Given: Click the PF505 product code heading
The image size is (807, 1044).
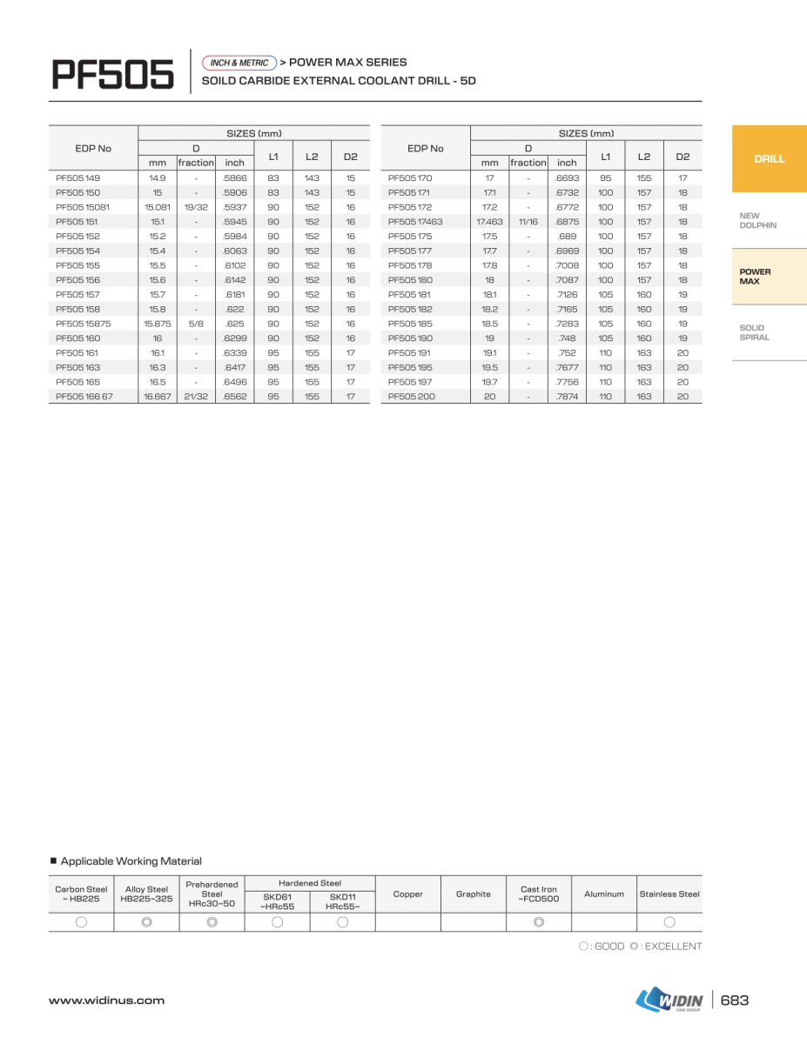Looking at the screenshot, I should (112, 74).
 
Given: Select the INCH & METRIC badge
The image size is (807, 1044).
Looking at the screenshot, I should (239, 63).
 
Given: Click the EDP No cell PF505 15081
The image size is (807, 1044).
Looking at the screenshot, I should (83, 207).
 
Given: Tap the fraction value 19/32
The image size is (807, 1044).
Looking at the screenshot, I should (196, 207).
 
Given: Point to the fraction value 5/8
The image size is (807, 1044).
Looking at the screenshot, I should (196, 324).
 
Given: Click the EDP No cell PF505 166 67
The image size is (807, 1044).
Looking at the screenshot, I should (84, 396).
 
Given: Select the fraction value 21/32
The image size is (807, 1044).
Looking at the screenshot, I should (196, 396).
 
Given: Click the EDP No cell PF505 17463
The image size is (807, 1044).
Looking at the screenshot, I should (415, 222).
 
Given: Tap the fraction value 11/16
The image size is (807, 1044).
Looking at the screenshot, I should (528, 222).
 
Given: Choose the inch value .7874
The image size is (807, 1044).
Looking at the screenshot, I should (567, 396).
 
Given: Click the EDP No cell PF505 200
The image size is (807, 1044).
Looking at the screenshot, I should (411, 396).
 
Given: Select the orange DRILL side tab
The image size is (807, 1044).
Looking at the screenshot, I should (769, 158).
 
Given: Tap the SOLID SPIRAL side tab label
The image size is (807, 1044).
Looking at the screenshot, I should (753, 332).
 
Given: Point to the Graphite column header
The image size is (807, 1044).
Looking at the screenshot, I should (474, 893).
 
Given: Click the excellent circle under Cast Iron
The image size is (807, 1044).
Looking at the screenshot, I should (539, 922).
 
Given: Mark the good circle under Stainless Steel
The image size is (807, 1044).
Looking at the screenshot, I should (669, 922).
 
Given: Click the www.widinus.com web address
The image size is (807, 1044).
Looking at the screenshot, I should (106, 1000).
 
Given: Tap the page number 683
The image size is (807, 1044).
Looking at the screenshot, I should (735, 1000).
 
